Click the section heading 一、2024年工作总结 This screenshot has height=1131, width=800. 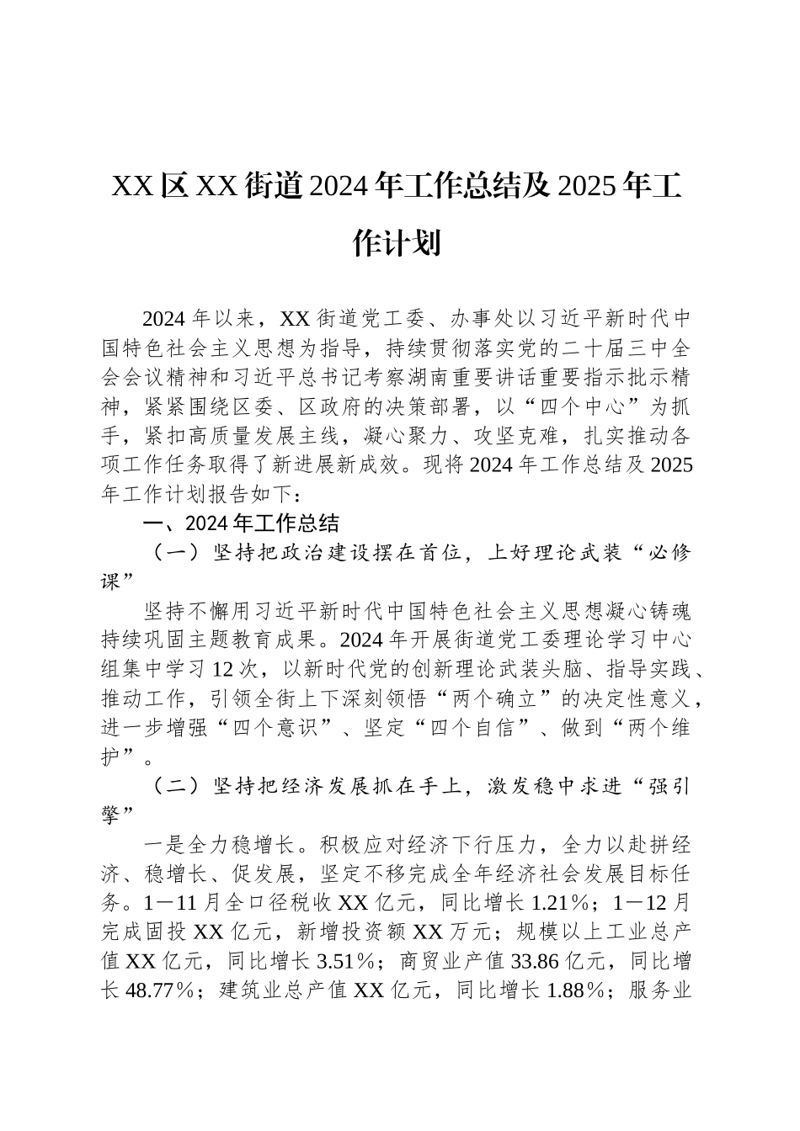coord(243,523)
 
